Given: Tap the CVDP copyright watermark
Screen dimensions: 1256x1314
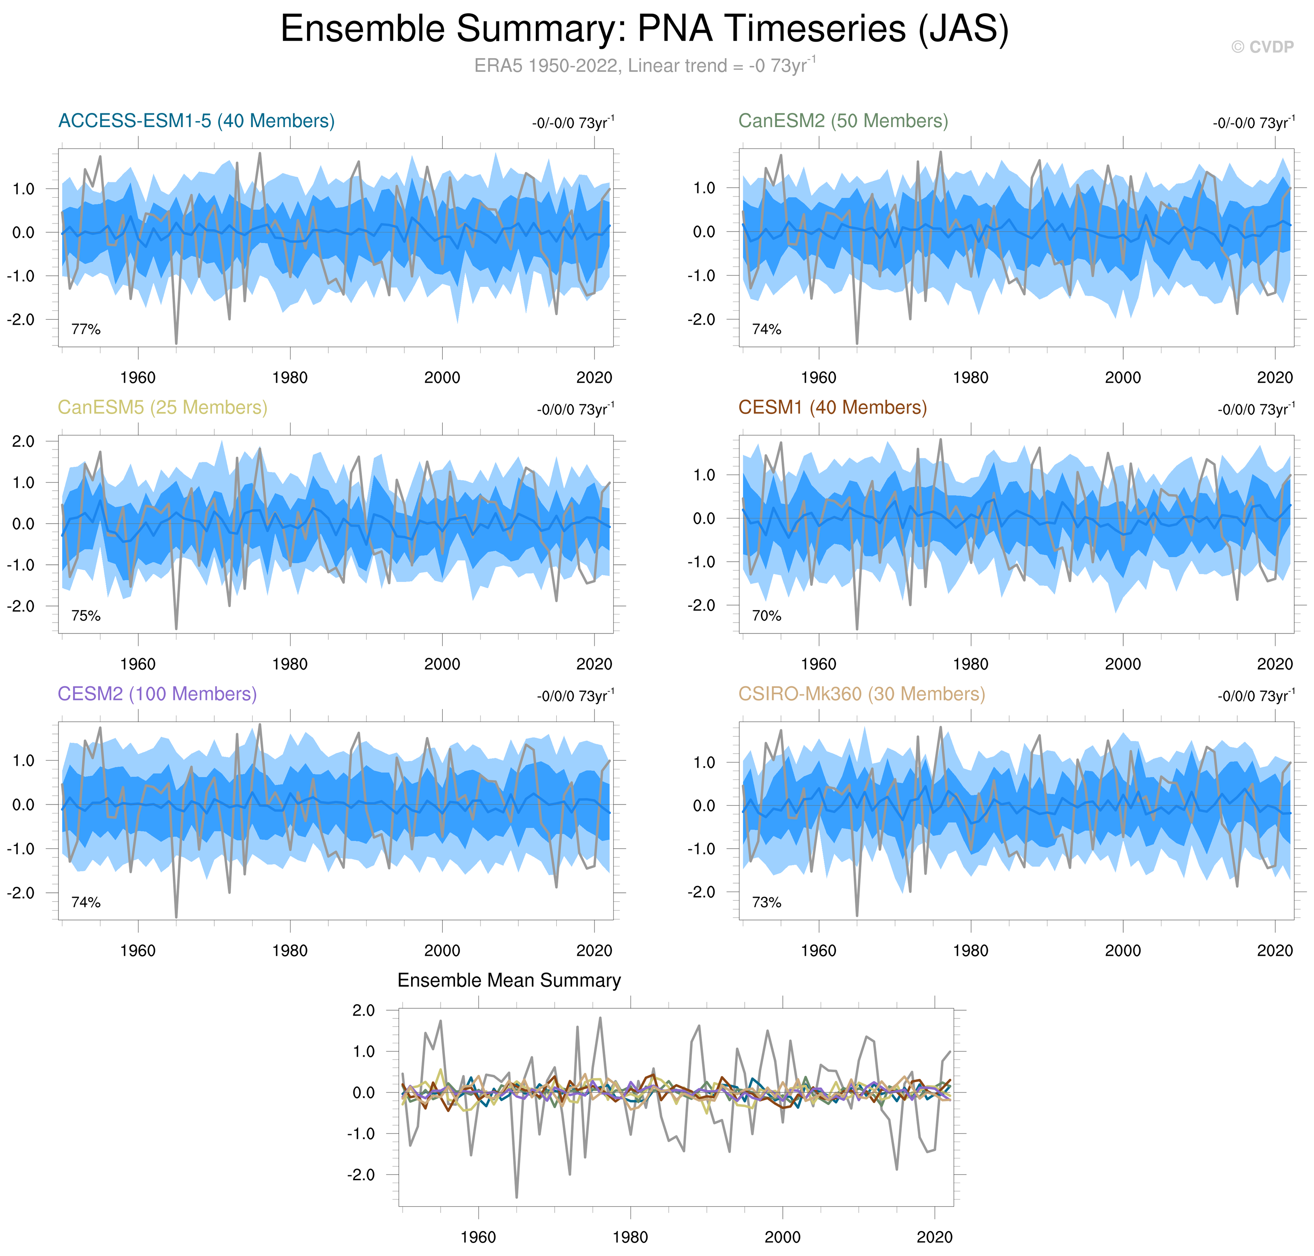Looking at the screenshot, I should [x=1262, y=47].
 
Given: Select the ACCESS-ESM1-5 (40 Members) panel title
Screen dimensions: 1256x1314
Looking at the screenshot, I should [x=196, y=121].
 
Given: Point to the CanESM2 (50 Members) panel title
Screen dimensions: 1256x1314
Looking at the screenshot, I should [x=843, y=121].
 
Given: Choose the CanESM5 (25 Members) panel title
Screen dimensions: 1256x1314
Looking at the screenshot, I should [x=162, y=408].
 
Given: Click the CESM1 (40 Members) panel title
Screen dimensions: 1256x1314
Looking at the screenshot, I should [x=832, y=408].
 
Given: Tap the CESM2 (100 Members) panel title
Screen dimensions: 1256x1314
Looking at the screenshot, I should [x=157, y=694].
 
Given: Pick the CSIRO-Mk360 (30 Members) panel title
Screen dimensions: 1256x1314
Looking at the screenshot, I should [x=861, y=694].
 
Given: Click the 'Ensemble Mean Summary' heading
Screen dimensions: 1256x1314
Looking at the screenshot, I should [x=509, y=981].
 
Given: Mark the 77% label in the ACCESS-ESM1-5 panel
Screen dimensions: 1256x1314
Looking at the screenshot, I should [x=86, y=329].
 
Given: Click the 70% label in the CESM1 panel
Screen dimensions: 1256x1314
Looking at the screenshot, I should [x=767, y=616].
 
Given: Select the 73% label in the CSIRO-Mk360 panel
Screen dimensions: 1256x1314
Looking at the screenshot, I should [x=767, y=903].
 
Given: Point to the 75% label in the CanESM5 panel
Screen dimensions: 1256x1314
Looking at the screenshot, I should [x=86, y=616].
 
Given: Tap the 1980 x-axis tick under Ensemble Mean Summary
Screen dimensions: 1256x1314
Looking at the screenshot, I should [x=630, y=1237].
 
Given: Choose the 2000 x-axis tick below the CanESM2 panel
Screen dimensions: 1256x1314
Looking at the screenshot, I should [x=1122, y=378].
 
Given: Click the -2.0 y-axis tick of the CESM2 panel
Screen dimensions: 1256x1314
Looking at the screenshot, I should [x=21, y=893].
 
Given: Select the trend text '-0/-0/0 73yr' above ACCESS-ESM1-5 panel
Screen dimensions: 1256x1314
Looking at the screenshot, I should [x=573, y=123].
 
